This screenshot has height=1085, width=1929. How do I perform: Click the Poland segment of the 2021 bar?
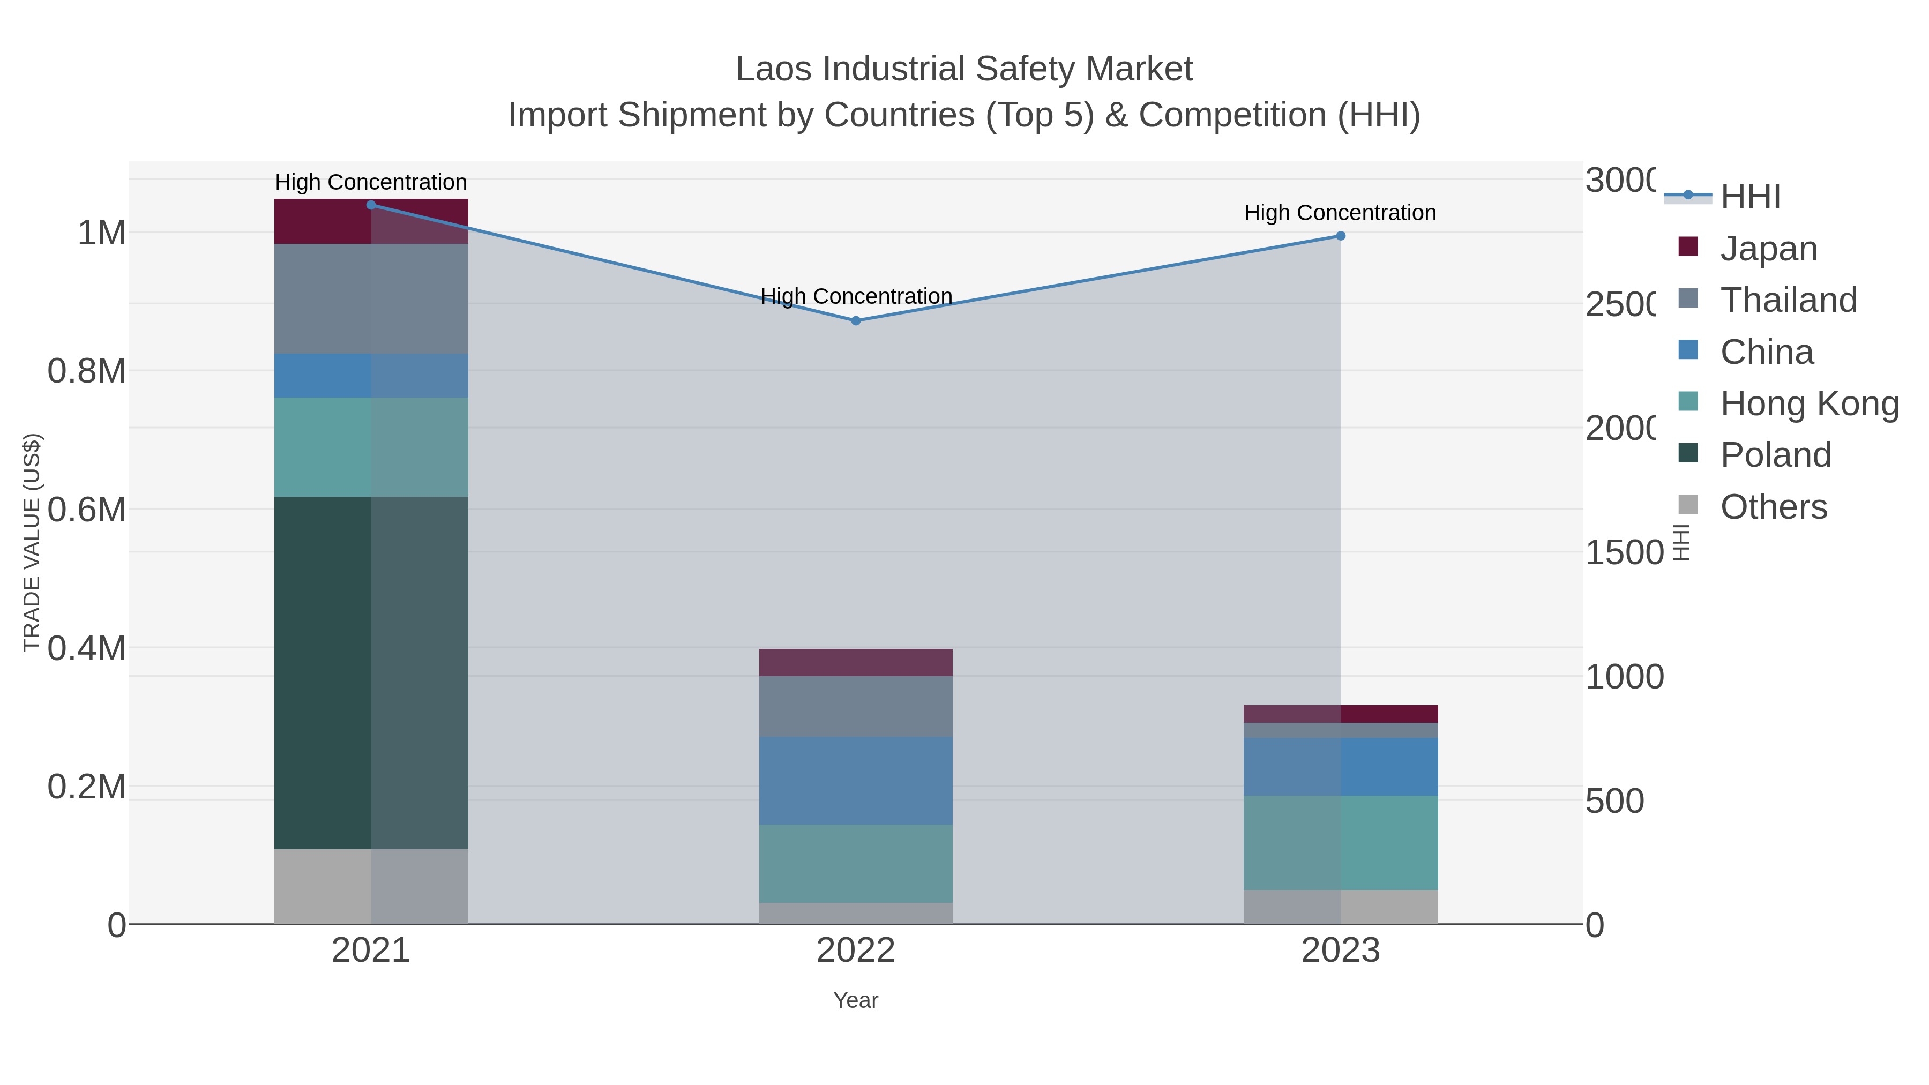371,672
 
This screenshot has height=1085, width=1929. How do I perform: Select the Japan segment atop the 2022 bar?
855,662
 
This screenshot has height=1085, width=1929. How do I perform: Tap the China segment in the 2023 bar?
1341,766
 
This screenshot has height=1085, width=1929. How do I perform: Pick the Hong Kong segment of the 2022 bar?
855,863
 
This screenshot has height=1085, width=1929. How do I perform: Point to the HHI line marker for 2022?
855,320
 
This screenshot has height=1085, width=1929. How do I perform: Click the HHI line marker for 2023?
1341,236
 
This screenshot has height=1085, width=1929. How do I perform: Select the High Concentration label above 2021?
371,182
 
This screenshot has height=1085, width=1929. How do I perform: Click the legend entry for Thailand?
1788,300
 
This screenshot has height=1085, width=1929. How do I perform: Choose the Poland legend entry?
1775,455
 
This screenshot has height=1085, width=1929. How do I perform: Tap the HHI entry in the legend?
1750,197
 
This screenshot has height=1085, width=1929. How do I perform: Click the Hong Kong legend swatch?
1688,401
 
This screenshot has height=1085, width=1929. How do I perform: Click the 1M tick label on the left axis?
101,233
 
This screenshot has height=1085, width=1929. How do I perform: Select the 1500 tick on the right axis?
1624,552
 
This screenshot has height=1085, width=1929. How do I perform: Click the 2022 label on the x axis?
855,950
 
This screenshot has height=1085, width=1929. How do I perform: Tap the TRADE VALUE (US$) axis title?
32,542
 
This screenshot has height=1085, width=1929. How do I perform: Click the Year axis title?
855,1000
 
